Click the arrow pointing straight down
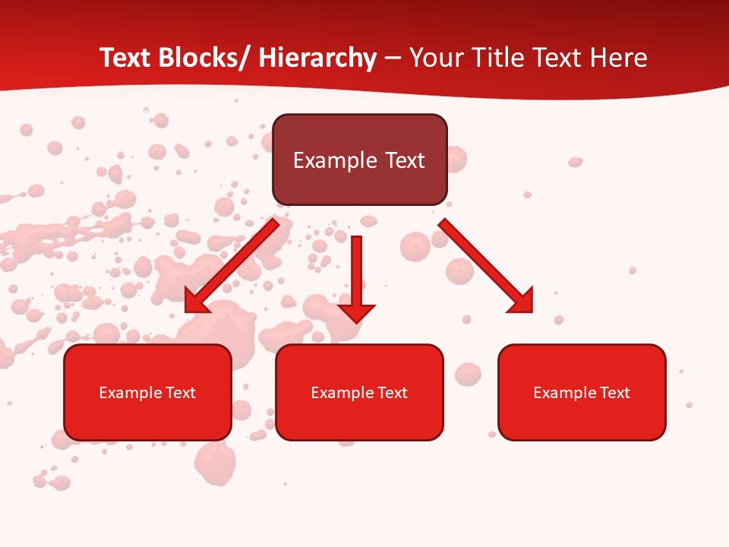click(356, 277)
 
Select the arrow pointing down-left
click(232, 266)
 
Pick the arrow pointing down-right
click(486, 266)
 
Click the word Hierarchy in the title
click(317, 58)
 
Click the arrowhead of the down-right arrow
click(522, 302)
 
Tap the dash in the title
click(393, 58)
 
